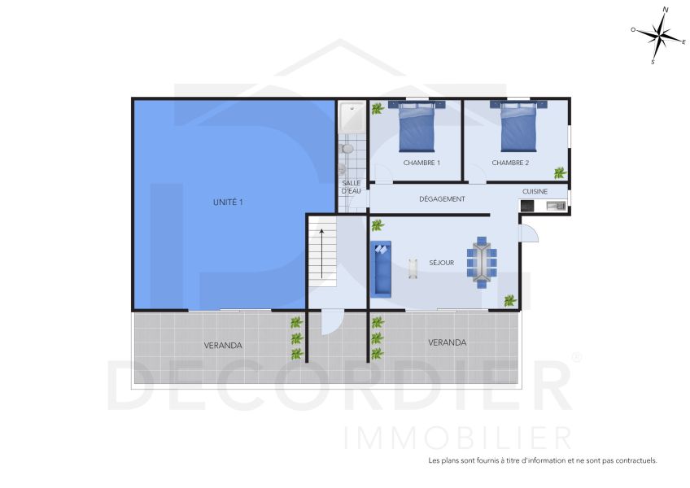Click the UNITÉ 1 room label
tap(229, 202)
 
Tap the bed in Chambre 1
tap(417, 128)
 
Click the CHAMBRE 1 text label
tap(421, 163)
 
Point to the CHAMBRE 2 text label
tap(510, 163)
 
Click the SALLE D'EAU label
tap(352, 187)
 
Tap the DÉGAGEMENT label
tap(442, 198)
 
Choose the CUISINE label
tap(535, 191)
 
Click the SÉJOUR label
tap(442, 263)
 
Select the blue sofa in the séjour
tap(381, 268)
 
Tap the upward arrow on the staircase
tap(322, 252)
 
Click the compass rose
tap(659, 35)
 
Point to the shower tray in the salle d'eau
tap(352, 118)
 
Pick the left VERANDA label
tap(223, 346)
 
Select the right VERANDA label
tap(447, 342)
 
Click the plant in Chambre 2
tap(560, 172)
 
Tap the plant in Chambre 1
tap(377, 107)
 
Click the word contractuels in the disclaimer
tap(633, 460)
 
